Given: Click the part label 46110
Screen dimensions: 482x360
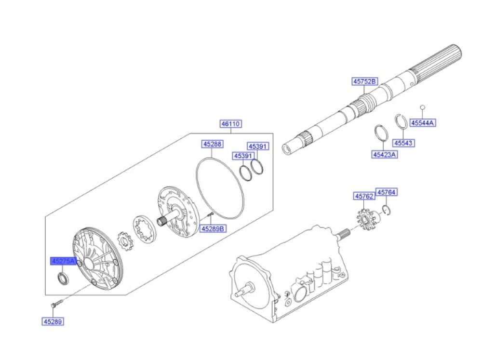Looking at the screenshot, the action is click(231, 124).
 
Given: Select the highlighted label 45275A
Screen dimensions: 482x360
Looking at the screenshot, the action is click(63, 261).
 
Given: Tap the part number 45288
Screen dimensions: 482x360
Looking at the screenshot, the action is click(213, 144).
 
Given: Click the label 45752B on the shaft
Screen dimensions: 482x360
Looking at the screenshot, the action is click(364, 81).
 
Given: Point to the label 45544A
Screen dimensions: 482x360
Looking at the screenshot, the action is click(423, 123).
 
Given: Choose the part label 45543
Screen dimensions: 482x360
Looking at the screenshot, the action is click(403, 143).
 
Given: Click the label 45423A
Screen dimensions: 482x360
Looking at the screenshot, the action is click(384, 154).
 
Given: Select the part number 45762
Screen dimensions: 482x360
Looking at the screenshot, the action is click(364, 196).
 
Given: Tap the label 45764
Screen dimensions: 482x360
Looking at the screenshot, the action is click(387, 192).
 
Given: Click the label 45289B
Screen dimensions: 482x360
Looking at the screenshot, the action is click(213, 228).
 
